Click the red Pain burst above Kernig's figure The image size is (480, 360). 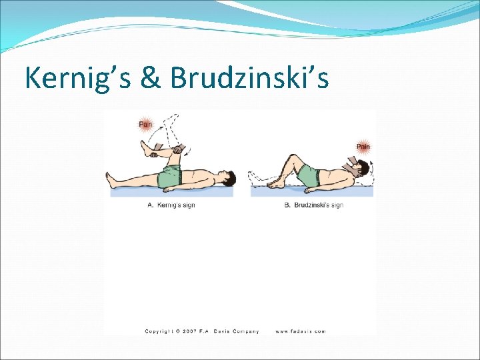[145, 123]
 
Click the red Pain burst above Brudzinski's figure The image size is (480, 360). [363, 146]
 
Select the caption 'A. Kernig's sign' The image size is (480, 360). [171, 205]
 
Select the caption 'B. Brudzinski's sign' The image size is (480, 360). [313, 205]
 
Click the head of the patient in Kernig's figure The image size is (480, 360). [227, 179]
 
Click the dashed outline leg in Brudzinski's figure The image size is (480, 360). [263, 179]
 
